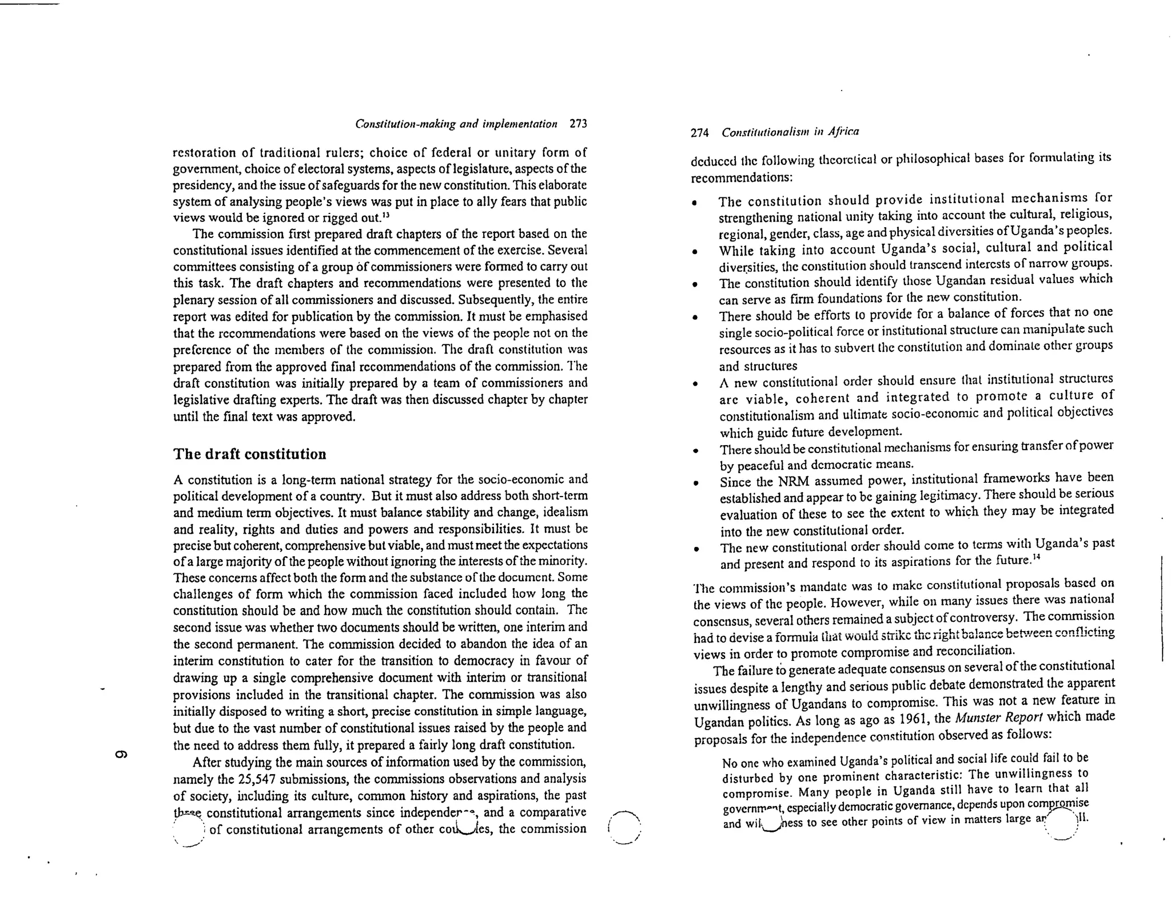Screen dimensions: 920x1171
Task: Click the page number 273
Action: (578, 124)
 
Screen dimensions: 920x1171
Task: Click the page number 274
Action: (700, 133)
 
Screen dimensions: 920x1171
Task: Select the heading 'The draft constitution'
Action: (249, 454)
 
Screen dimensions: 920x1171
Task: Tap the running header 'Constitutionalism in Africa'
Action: (790, 132)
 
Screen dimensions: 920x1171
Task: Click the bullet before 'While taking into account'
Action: (694, 252)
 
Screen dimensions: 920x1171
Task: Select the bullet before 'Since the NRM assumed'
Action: (695, 483)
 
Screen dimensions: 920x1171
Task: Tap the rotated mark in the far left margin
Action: (121, 754)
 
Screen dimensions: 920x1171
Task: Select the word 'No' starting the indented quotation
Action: (730, 764)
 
